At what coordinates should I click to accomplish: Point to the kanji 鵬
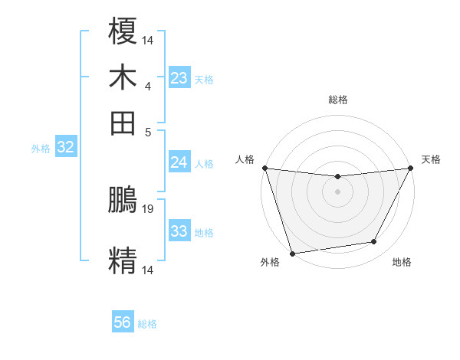tap(123, 201)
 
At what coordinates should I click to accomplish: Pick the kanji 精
tap(123, 259)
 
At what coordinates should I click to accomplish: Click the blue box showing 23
tap(179, 78)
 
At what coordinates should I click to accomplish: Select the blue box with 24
tap(179, 162)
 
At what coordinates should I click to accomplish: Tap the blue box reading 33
tap(179, 231)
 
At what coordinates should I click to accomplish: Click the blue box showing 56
tap(123, 322)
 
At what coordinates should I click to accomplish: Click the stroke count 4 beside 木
tap(148, 86)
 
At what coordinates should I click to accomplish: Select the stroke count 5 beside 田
tap(148, 131)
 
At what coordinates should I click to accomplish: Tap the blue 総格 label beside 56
tap(147, 324)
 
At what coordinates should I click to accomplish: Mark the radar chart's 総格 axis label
tap(337, 100)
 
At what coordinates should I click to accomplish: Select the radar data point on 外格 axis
tap(292, 253)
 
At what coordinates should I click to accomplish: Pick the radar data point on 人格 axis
tap(264, 168)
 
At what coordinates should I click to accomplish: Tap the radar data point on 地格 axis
tap(374, 242)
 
